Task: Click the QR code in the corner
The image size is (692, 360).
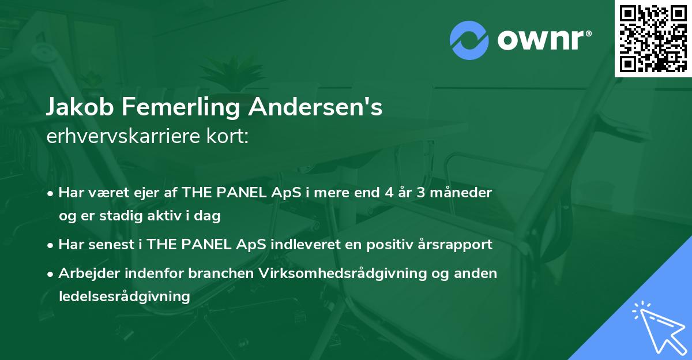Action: pyautogui.click(x=653, y=39)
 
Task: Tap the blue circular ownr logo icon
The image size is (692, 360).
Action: pyautogui.click(x=469, y=40)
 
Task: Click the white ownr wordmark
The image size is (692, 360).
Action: pyautogui.click(x=540, y=40)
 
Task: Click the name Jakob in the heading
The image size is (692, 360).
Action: pyautogui.click(x=80, y=107)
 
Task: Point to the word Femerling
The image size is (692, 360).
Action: pyautogui.click(x=180, y=107)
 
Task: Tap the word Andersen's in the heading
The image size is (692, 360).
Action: pyautogui.click(x=315, y=107)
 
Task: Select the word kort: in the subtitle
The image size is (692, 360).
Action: pyautogui.click(x=227, y=136)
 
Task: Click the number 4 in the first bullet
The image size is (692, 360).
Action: pyautogui.click(x=389, y=193)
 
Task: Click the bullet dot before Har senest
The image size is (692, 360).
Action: pyautogui.click(x=50, y=246)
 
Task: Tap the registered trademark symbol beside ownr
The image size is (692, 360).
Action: pyautogui.click(x=588, y=33)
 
